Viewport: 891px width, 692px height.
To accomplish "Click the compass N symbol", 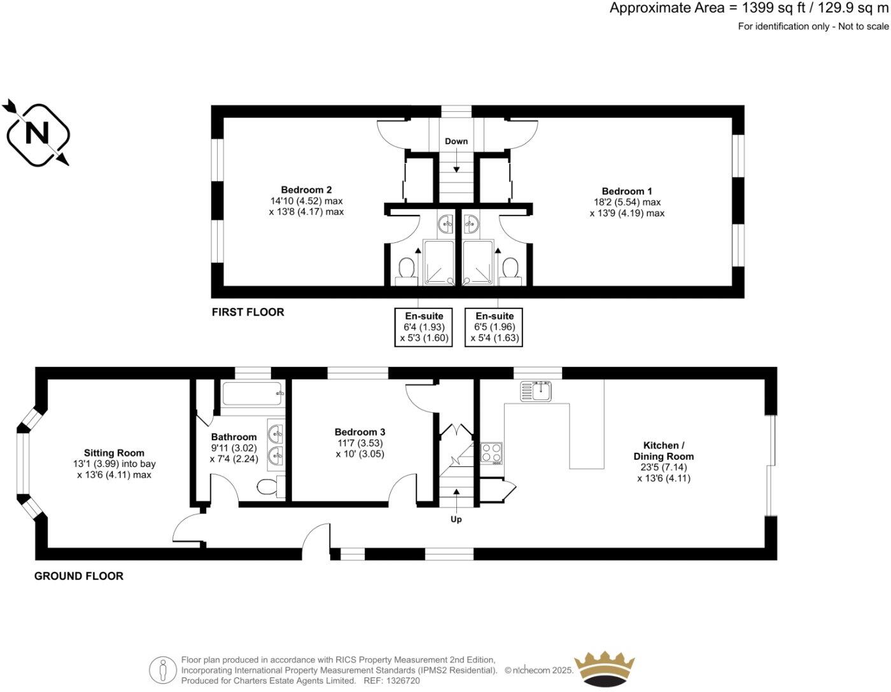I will point(38,135).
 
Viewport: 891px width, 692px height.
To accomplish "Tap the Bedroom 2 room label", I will point(306,190).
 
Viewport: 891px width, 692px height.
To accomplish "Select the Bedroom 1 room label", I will point(627,191).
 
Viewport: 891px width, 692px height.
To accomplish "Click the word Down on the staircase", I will point(456,141).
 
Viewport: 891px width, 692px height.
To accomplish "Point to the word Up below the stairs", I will point(456,519).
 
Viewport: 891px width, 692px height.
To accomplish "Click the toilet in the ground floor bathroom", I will point(269,487).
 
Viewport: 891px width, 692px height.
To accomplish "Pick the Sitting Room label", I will point(114,453).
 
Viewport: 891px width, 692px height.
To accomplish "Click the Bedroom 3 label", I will point(360,432).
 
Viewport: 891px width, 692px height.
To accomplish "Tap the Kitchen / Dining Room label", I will point(663,450).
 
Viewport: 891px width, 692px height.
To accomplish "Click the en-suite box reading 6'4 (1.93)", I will point(424,327).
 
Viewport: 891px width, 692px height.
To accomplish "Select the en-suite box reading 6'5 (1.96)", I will point(494,327).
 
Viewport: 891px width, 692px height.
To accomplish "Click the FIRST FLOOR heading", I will point(248,312).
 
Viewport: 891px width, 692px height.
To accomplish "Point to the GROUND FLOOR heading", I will point(78,576).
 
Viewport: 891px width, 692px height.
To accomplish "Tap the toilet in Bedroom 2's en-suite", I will point(405,268).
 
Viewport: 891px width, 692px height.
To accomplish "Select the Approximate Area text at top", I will point(748,8).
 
